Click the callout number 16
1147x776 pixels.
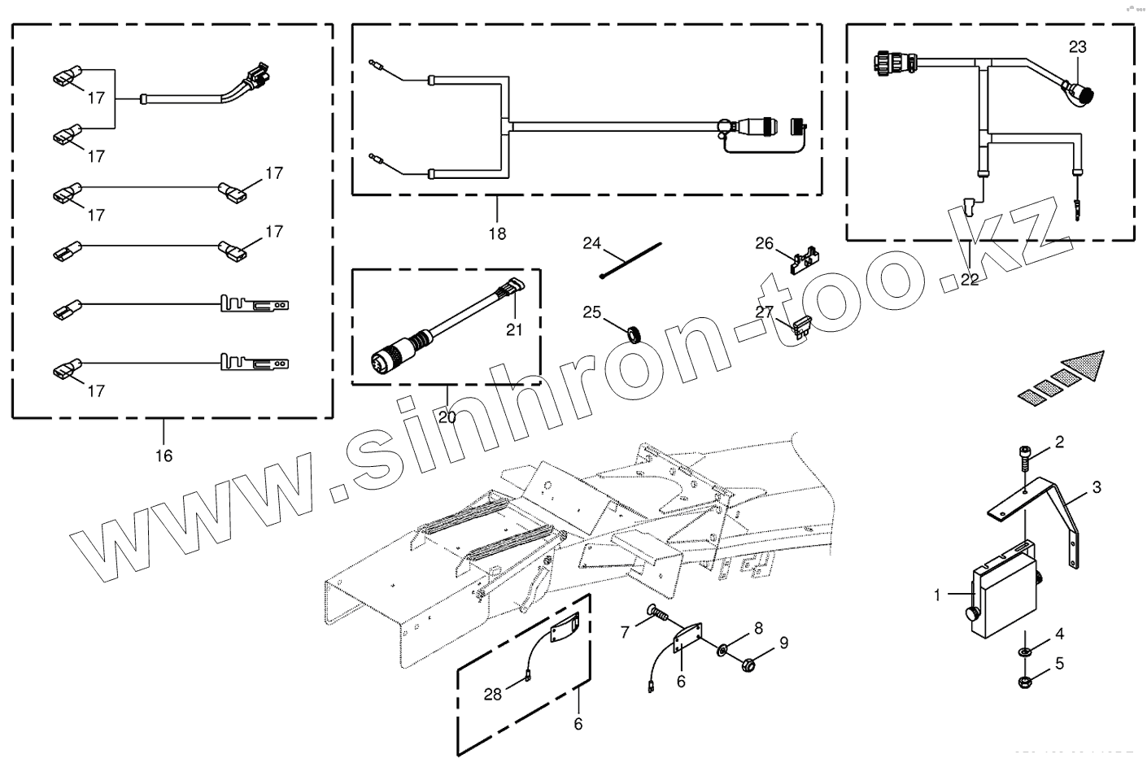pyautogui.click(x=164, y=456)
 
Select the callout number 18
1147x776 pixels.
pyautogui.click(x=497, y=233)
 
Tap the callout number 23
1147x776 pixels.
pyautogui.click(x=1077, y=47)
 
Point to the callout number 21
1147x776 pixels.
pyautogui.click(x=514, y=329)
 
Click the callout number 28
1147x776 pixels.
pyautogui.click(x=493, y=694)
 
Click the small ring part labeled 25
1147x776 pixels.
pyautogui.click(x=633, y=333)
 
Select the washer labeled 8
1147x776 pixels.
pyautogui.click(x=722, y=649)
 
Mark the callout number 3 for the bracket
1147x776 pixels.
pyautogui.click(x=1097, y=487)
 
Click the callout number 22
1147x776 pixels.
pyautogui.click(x=970, y=280)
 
